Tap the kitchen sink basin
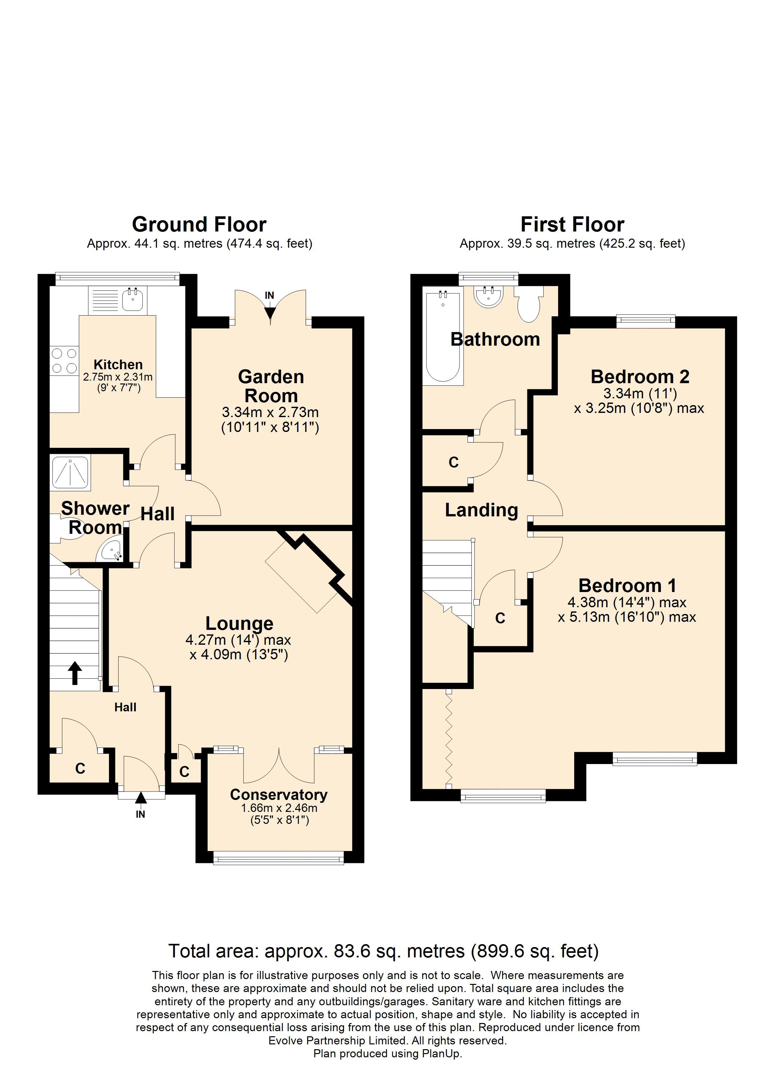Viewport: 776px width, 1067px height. [132, 300]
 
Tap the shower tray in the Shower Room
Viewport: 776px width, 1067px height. [70, 471]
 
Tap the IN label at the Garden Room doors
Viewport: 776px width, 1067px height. [269, 296]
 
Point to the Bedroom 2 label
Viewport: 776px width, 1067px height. [640, 376]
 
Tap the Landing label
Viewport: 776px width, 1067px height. [481, 510]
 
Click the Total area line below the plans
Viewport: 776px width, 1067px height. [383, 951]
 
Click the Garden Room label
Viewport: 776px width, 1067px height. [271, 386]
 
